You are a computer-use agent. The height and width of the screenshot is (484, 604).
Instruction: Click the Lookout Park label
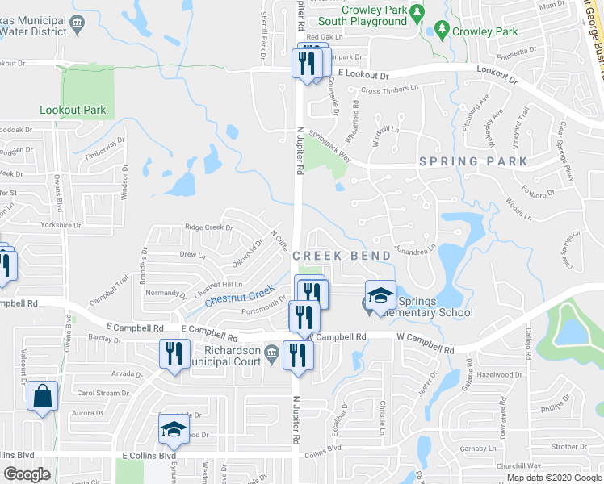click(x=72, y=110)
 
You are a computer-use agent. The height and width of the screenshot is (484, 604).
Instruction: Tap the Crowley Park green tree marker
click(x=441, y=31)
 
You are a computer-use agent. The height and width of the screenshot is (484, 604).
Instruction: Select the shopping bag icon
click(x=42, y=397)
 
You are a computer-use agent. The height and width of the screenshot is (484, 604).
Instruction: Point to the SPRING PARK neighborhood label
click(x=473, y=161)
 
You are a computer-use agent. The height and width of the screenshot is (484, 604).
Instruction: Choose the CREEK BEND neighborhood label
click(x=342, y=256)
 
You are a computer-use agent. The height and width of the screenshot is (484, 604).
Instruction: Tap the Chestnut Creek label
click(x=240, y=298)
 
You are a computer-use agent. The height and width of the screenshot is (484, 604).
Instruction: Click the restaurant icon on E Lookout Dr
click(x=305, y=63)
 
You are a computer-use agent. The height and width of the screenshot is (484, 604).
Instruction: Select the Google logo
click(x=27, y=474)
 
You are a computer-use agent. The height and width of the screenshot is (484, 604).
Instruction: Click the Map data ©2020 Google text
click(x=554, y=478)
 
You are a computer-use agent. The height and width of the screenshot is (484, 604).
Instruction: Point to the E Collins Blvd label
click(x=149, y=456)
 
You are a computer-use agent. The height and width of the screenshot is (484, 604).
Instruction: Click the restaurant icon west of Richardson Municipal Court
click(x=174, y=353)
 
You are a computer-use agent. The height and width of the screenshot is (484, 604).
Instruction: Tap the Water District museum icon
click(x=77, y=23)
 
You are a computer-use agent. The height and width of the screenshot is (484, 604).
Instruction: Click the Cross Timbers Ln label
click(x=391, y=90)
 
